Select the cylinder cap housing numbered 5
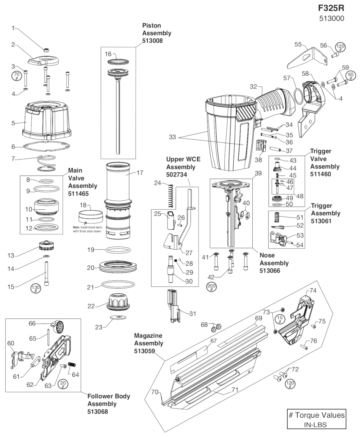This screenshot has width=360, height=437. [x=46, y=120]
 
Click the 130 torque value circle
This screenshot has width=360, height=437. [x=35, y=289]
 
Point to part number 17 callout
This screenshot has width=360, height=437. [x=140, y=173]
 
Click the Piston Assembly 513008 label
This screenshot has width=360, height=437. [x=156, y=33]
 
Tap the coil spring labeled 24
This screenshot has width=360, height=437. [x=170, y=196]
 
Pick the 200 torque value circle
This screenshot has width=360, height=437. [x=212, y=287]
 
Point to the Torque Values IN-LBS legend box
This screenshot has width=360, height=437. [x=316, y=419]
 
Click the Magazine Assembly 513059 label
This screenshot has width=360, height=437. [x=148, y=343]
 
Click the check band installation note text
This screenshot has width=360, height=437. [x=87, y=229]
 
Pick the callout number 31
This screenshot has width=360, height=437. [x=192, y=313]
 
